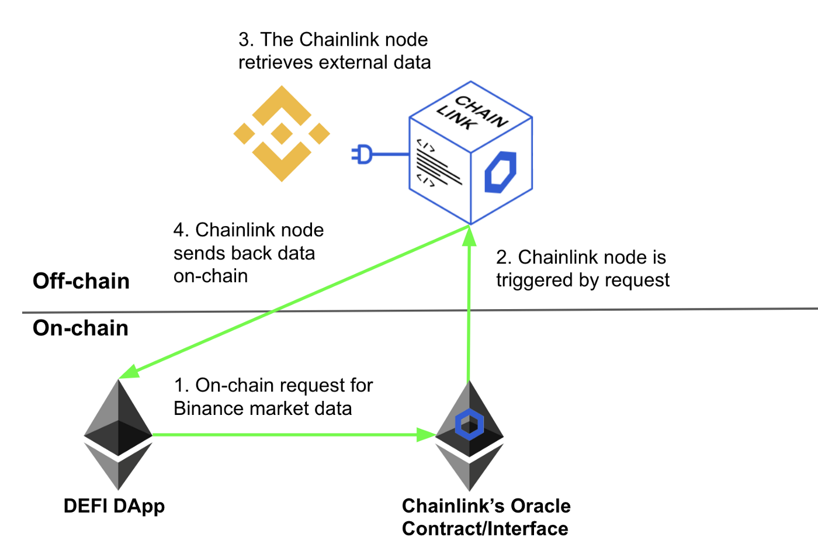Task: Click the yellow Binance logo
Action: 282,134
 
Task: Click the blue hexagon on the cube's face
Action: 501,172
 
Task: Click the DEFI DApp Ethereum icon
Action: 119,435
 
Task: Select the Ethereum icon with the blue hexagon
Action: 469,435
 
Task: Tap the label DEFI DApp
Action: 114,506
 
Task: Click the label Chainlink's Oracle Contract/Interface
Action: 486,517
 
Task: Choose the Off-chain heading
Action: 81,281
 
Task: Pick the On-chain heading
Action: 81,328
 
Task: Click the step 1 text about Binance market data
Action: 273,397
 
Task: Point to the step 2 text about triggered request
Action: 583,269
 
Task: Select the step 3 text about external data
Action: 334,51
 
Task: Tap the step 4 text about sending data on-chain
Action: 248,253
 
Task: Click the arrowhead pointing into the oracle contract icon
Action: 426,434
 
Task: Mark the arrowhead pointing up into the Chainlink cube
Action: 469,236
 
